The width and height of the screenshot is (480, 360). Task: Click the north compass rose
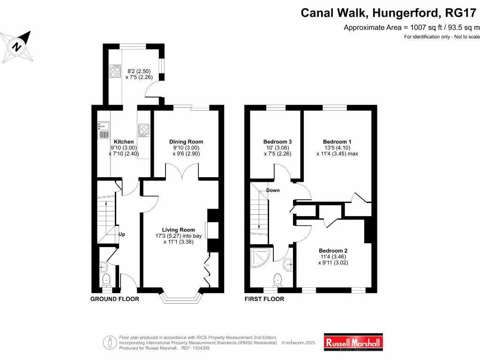[x=17, y=46]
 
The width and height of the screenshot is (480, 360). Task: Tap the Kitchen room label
[x=124, y=142]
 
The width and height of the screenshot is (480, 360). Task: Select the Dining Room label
[x=186, y=142]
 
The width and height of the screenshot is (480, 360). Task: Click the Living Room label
[x=178, y=230]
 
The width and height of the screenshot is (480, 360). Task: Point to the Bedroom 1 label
[x=337, y=142]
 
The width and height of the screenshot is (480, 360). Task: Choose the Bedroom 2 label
[x=333, y=250]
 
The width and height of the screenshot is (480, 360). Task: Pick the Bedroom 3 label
[x=277, y=142]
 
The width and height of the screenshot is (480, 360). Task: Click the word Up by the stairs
[x=121, y=234]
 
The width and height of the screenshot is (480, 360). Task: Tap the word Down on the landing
[x=273, y=190]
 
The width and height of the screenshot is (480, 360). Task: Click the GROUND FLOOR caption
[x=114, y=299]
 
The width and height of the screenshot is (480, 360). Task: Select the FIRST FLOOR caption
[x=264, y=299]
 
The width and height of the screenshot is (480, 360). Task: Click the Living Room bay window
[x=181, y=297]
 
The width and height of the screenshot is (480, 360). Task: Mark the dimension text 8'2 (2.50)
[x=136, y=71]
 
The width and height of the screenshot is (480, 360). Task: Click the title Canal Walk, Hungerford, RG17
[x=390, y=12]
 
